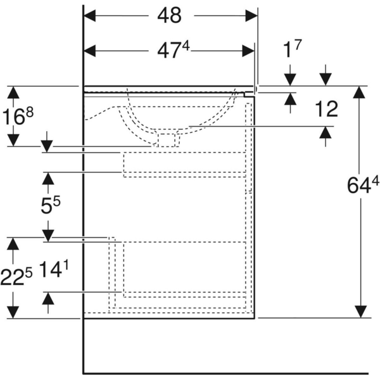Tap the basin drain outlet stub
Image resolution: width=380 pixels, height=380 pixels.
[x=168, y=139]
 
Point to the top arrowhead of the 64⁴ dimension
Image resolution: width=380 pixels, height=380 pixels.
[x=360, y=92]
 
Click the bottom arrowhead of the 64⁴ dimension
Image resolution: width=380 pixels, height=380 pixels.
[x=360, y=311]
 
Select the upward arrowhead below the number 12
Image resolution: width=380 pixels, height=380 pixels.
[x=326, y=133]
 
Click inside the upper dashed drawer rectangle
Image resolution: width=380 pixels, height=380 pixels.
[x=184, y=164]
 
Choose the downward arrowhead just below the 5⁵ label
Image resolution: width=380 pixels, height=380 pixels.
[x=47, y=234]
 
